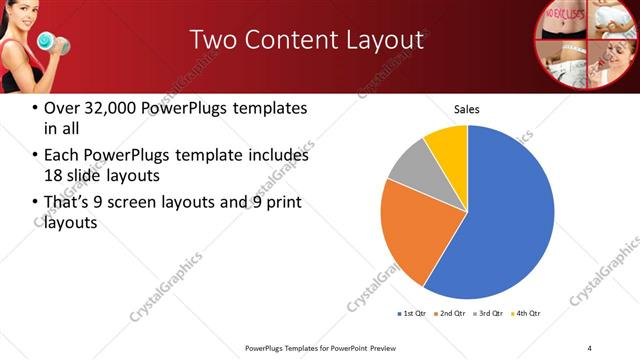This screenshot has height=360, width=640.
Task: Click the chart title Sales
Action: (467, 108)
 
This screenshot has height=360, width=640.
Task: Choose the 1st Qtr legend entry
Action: (412, 314)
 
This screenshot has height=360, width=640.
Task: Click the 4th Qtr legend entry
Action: (527, 314)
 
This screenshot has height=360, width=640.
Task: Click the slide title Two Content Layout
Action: (306, 40)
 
